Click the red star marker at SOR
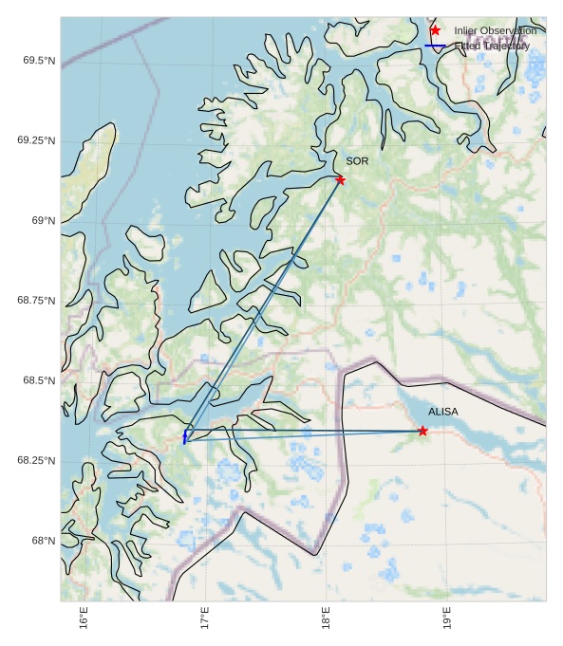tap(340, 180)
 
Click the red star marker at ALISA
tap(422, 431)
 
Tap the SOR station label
tap(357, 161)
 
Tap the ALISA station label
tap(442, 412)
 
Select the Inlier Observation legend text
tap(495, 30)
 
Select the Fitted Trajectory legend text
tap(493, 46)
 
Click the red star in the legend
tap(435, 30)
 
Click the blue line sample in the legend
tap(435, 46)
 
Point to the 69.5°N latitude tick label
tap(37, 61)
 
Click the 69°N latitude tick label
tap(43, 221)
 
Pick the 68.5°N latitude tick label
tap(37, 380)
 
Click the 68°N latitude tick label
tap(43, 541)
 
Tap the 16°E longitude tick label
tap(84, 618)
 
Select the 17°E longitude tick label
tap(206, 618)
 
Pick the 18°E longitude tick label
tap(327, 618)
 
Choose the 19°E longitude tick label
tap(447, 618)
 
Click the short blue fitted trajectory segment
tap(185, 436)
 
